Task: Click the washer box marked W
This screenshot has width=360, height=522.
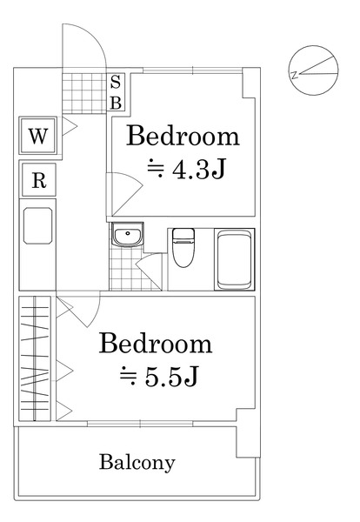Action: click(38, 136)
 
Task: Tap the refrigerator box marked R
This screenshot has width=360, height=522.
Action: click(38, 180)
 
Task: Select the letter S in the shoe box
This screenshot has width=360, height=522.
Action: click(115, 82)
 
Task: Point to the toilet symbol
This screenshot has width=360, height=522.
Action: click(183, 247)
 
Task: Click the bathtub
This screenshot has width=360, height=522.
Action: click(234, 259)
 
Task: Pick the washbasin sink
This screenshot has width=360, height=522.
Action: click(127, 234)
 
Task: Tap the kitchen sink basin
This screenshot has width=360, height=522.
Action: click(37, 226)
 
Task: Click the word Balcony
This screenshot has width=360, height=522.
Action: click(137, 463)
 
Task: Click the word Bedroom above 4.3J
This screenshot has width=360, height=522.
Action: click(183, 136)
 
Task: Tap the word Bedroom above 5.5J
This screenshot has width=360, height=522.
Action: click(156, 343)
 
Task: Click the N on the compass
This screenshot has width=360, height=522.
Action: click(294, 75)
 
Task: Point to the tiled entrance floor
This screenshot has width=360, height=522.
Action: click(84, 93)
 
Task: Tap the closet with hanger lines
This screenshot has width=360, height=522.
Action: click(35, 358)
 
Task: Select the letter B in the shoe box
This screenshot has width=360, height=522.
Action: click(116, 104)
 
